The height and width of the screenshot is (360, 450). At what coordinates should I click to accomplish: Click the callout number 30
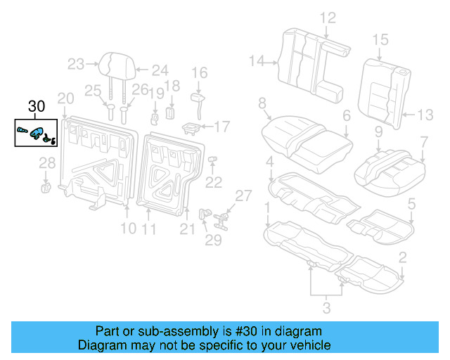coord(36,107)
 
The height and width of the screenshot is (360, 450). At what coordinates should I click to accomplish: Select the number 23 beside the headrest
coord(76,65)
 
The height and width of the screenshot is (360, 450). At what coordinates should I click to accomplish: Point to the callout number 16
coord(200,72)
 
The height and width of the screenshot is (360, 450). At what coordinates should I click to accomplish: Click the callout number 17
coord(221,127)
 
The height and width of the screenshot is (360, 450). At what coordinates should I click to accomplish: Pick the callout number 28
coord(46,165)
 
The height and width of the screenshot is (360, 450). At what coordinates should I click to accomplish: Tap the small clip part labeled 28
coord(46,186)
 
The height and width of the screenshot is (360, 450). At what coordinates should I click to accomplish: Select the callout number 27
coord(243,195)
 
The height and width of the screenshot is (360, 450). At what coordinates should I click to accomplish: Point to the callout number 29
coord(213,240)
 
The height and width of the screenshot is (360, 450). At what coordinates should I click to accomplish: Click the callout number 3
coord(326,307)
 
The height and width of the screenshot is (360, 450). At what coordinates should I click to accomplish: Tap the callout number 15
coord(380,39)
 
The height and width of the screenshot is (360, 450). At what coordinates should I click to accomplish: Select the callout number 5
coord(411,204)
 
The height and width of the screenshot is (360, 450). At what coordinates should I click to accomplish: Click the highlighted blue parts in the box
coord(36,131)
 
